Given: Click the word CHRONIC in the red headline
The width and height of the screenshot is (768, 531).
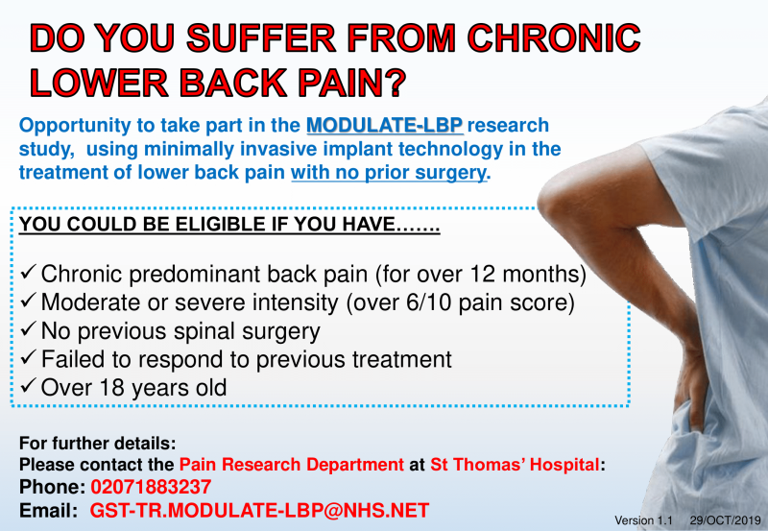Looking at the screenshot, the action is click(x=554, y=38).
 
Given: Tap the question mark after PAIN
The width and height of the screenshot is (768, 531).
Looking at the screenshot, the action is click(x=393, y=83).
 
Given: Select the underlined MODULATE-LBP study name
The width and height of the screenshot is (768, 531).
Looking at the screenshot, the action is click(x=385, y=126).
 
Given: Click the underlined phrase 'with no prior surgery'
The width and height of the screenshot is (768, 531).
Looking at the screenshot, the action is click(x=389, y=173).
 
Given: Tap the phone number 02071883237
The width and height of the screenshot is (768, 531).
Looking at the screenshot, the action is click(x=151, y=487).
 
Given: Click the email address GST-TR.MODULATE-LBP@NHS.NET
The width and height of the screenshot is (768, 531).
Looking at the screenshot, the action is click(x=259, y=511).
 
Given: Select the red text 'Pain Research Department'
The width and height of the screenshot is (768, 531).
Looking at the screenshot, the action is click(x=292, y=465).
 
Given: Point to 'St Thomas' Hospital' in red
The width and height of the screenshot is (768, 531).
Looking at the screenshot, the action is click(x=515, y=465).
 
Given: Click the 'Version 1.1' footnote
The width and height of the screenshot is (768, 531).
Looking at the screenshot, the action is click(x=643, y=520).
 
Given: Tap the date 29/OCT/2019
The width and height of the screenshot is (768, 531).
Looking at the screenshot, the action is click(x=726, y=520).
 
